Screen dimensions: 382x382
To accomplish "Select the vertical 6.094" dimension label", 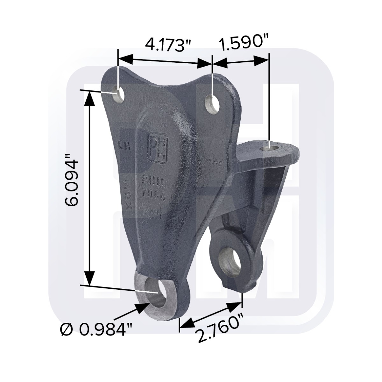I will pyautogui.click(x=71, y=181).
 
